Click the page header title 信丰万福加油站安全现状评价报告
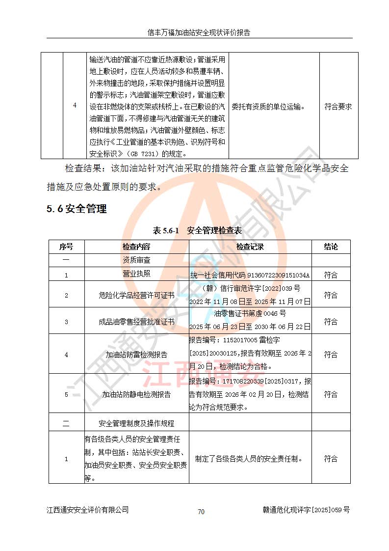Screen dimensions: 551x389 199,33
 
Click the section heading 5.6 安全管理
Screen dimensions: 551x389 77,209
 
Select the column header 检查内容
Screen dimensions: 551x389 136,247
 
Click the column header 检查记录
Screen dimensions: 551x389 250,247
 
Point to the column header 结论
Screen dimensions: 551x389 331,247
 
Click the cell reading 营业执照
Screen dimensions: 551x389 136,274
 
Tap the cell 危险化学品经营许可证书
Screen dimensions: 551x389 136,295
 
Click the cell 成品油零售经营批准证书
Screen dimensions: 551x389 136,322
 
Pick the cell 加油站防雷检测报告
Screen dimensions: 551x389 136,355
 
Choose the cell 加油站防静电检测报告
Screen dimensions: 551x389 136,394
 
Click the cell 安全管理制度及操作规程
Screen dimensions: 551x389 136,423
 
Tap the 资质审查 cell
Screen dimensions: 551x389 136,260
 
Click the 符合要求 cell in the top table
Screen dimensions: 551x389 338,106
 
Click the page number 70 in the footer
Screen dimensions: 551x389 201,512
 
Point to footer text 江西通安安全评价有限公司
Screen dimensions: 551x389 88,510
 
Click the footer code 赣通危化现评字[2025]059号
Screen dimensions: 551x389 306,510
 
